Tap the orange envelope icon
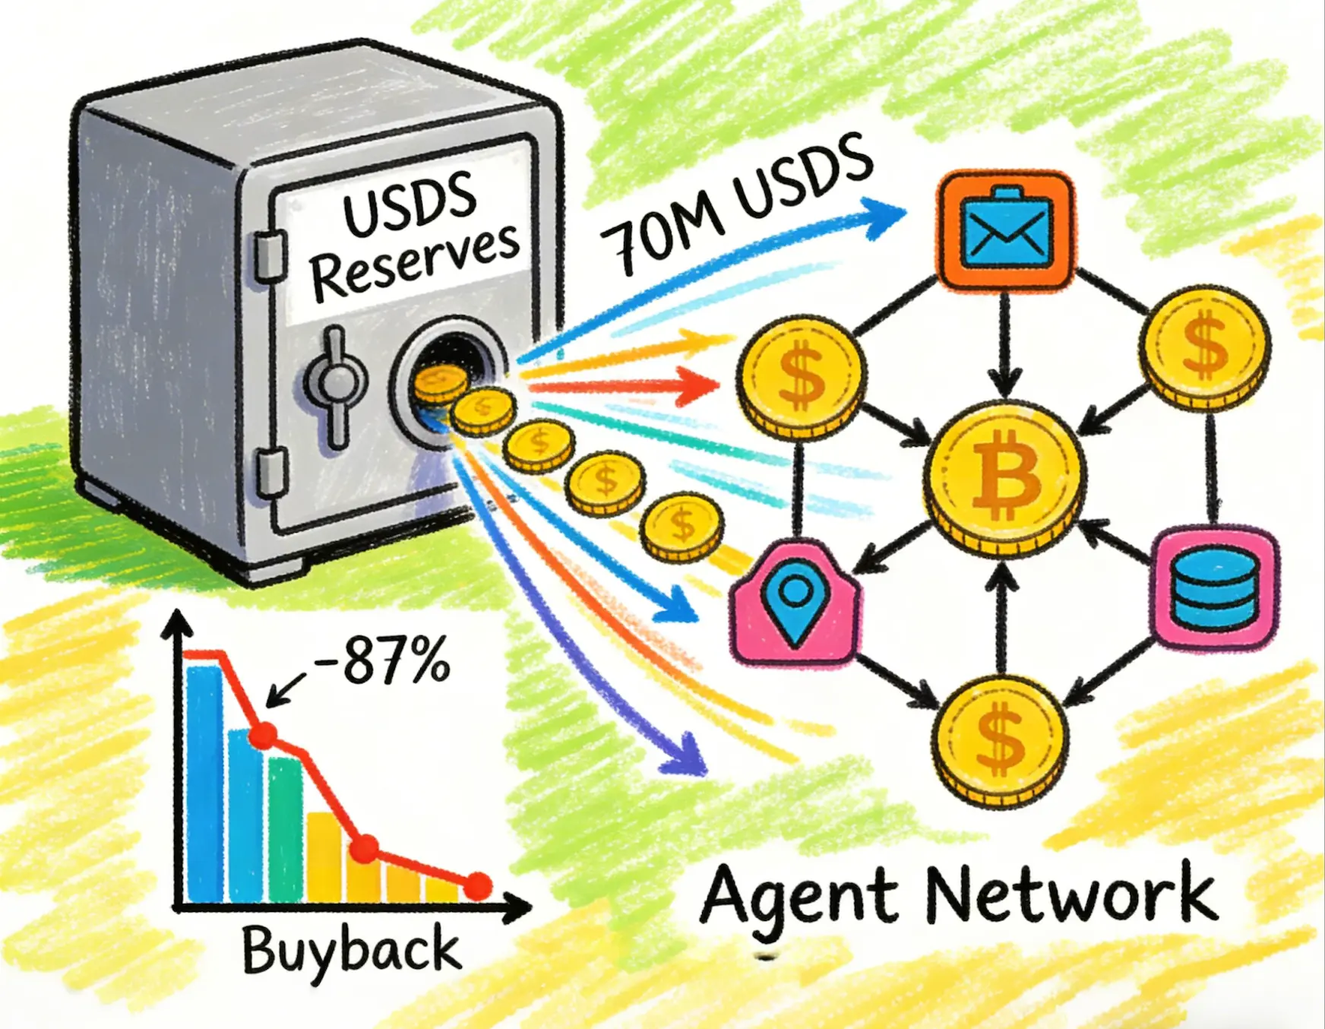pyautogui.click(x=1006, y=231)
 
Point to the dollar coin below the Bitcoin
pyautogui.click(x=1000, y=741)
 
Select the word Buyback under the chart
pyautogui.click(x=351, y=950)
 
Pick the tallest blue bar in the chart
pyautogui.click(x=204, y=783)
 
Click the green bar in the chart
pyautogui.click(x=286, y=828)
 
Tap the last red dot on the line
pyautogui.click(x=478, y=885)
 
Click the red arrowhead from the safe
pyautogui.click(x=702, y=385)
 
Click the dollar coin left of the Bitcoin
pyautogui.click(x=802, y=376)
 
